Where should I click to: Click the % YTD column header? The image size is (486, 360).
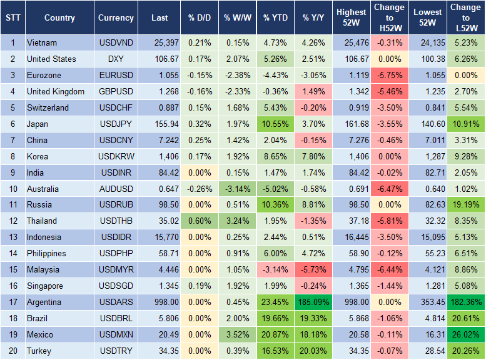(x=275, y=18)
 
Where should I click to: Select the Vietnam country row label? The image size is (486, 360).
(x=41, y=43)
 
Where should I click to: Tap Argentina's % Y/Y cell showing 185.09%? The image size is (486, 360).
(x=314, y=302)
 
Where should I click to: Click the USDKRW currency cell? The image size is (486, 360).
(x=116, y=156)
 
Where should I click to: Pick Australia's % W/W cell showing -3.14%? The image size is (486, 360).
(x=236, y=189)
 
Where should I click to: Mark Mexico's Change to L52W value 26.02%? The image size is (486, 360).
(x=466, y=334)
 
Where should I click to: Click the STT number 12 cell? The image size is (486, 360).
(x=12, y=221)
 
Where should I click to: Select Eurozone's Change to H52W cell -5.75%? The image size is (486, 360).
(x=389, y=75)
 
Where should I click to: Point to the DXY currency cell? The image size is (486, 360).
(x=116, y=59)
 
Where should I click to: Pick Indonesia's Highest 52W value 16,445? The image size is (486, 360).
(x=352, y=237)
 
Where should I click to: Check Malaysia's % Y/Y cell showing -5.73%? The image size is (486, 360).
(x=314, y=269)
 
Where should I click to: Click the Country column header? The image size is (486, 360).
(x=59, y=18)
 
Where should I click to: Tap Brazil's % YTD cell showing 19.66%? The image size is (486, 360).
(x=275, y=318)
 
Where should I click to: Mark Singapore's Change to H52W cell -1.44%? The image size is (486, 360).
(x=389, y=286)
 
